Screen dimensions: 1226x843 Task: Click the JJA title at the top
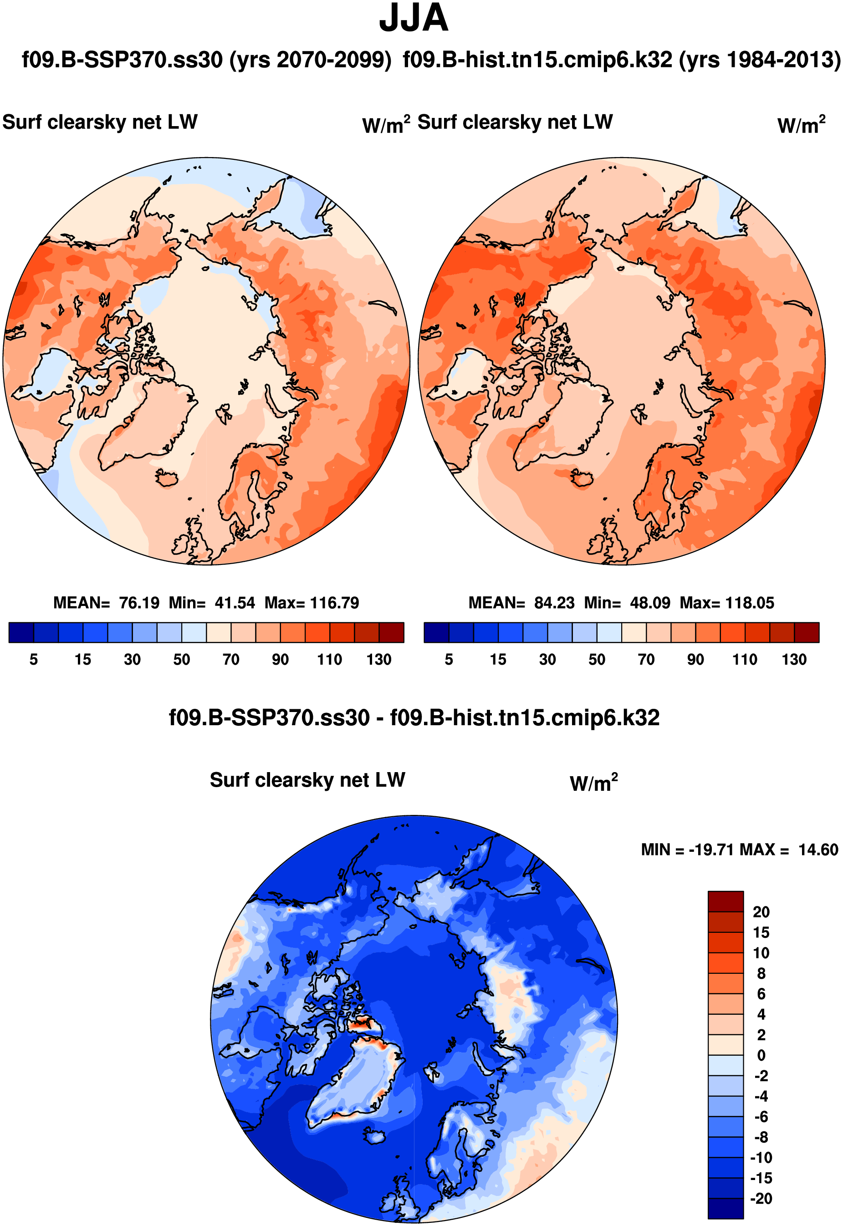[414, 19]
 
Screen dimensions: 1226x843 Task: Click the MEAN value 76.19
[139, 603]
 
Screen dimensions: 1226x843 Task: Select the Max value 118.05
[750, 603]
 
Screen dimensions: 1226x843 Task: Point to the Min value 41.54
[235, 603]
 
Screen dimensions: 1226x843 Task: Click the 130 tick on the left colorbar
[379, 660]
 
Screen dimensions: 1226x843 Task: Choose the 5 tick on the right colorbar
[449, 660]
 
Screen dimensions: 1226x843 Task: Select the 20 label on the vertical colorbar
[761, 912]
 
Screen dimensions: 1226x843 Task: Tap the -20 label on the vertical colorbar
[761, 1199]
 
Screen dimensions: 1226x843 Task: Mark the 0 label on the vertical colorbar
[761, 1055]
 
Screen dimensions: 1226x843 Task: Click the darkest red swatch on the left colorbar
[391, 632]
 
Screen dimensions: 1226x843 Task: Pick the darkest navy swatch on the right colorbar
[436, 632]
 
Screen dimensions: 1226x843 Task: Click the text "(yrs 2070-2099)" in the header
[310, 60]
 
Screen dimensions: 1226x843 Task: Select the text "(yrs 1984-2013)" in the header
[760, 60]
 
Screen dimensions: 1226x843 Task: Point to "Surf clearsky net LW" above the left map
[100, 122]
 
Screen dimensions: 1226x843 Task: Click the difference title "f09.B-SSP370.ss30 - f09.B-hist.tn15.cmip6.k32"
[414, 718]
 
